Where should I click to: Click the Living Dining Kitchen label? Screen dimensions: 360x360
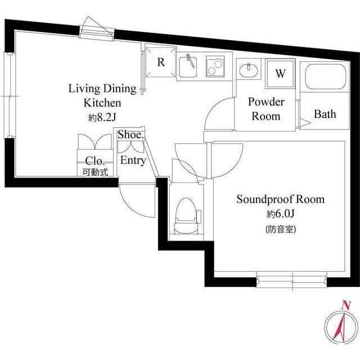tap(102, 96)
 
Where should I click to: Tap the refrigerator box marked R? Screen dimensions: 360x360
tap(160, 62)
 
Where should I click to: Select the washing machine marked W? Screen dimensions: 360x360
tap(280, 74)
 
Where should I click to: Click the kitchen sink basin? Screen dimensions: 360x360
tap(188, 66)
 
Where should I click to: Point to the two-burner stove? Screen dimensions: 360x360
tap(214, 67)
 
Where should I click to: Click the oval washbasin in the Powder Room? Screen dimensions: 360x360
tap(248, 70)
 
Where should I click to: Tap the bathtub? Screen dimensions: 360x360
tap(325, 77)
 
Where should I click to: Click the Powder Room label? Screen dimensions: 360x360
tap(265, 109)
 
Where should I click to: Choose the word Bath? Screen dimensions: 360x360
tap(325, 114)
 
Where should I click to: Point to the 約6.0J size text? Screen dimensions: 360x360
tap(280, 214)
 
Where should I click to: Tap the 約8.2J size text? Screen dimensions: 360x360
tap(102, 118)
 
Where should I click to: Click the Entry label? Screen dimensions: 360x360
tap(133, 160)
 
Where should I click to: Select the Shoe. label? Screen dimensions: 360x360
tap(131, 135)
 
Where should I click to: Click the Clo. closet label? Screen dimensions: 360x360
tap(93, 160)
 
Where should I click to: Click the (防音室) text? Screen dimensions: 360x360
tap(280, 229)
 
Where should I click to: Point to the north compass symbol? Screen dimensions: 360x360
tap(340, 326)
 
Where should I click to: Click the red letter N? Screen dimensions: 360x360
tap(346, 305)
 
